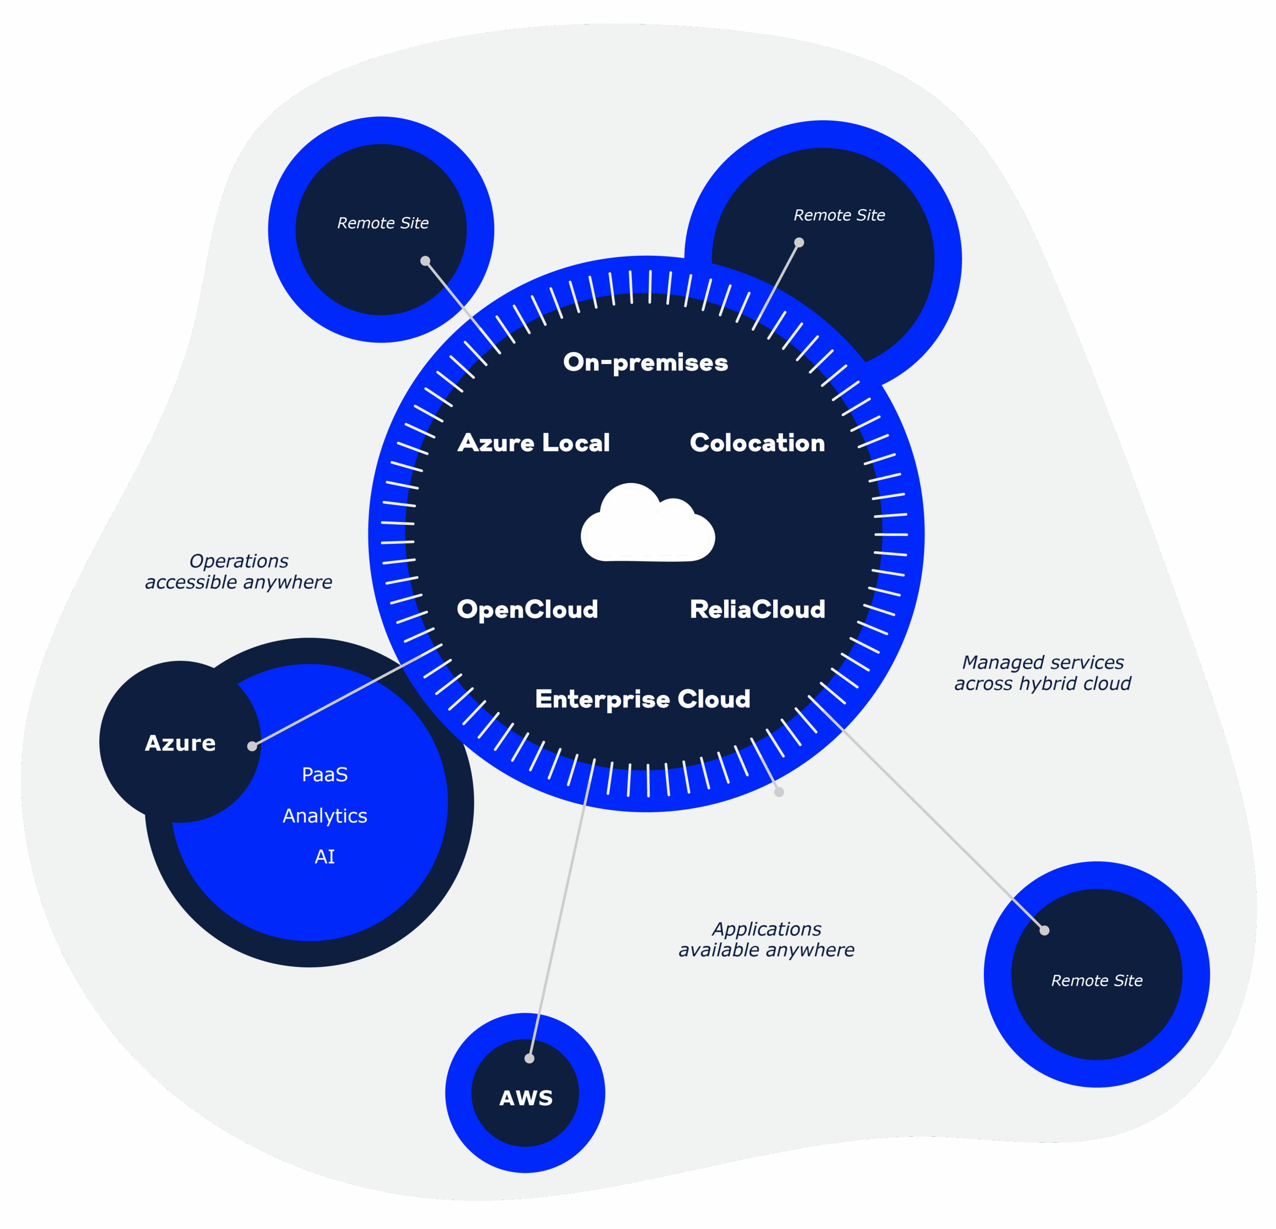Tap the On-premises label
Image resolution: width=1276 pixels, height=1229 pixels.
[645, 362]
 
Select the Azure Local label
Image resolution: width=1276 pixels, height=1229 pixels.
[533, 443]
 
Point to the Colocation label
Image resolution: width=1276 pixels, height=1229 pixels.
[757, 443]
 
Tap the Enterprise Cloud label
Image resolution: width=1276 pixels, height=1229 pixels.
[642, 699]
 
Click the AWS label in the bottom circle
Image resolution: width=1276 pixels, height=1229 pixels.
[526, 1098]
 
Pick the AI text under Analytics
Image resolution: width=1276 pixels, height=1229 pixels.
[325, 857]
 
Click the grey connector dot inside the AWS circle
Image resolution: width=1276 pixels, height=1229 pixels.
[529, 1058]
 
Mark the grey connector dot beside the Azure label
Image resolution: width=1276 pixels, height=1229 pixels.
[252, 746]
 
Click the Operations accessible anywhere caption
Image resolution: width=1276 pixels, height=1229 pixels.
[239, 571]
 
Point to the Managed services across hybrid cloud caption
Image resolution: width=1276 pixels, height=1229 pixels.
[1042, 673]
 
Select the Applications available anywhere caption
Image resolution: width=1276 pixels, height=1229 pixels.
[766, 939]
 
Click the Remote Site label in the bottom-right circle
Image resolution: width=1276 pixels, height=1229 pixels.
[1097, 981]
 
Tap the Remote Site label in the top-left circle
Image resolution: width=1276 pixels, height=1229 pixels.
[383, 223]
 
